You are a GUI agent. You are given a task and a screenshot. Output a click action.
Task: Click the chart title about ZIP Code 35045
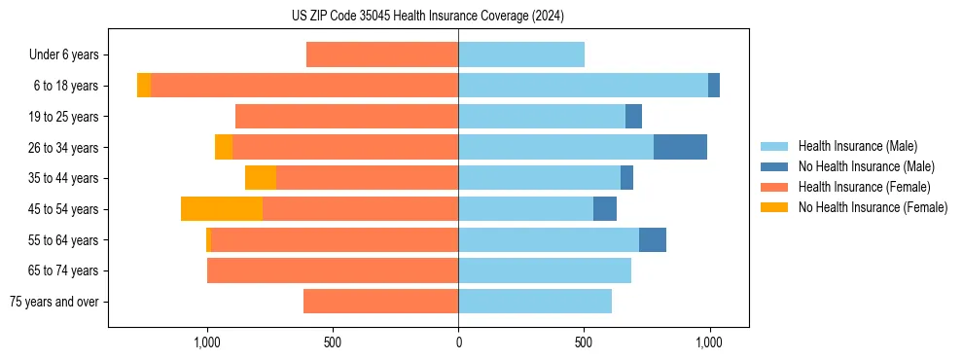point(427,16)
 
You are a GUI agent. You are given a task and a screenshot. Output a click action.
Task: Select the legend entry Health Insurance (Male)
point(856,146)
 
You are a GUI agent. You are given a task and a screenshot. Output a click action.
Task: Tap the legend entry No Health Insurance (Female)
point(873,207)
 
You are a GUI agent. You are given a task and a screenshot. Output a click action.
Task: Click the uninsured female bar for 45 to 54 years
point(222,209)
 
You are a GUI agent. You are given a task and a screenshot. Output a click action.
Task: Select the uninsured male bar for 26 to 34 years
point(680,147)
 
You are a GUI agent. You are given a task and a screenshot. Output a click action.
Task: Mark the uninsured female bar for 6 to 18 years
point(144,86)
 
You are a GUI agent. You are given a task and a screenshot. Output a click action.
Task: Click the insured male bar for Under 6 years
point(521,54)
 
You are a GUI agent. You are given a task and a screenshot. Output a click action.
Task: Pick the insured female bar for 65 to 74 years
point(333,270)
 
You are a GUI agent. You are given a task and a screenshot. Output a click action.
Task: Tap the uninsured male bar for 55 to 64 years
point(653,239)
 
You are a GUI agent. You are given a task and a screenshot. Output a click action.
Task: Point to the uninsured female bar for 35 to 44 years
point(261,178)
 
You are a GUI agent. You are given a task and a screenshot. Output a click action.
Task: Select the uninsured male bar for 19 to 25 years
point(633,116)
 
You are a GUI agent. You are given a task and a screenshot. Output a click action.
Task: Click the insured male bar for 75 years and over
point(535,302)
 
